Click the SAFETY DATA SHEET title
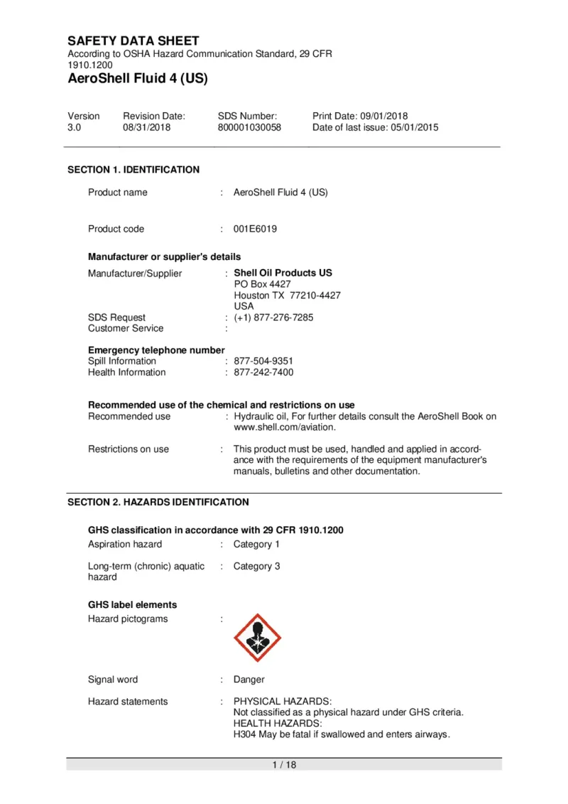point(133,41)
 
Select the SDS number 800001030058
point(249,128)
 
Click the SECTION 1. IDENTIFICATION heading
point(133,170)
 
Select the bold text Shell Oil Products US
point(283,273)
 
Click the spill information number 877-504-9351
point(263,361)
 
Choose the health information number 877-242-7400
point(263,372)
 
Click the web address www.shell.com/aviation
point(284,428)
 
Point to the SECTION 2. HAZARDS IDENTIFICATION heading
point(158,502)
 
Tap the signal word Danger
point(249,680)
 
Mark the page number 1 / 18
point(284,765)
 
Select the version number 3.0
point(75,128)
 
